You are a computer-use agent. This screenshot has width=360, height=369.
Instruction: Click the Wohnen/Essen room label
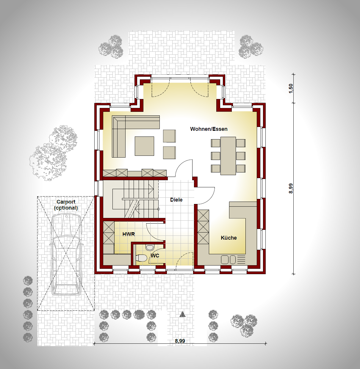(x=209, y=129)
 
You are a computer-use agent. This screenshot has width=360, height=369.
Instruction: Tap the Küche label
(x=229, y=238)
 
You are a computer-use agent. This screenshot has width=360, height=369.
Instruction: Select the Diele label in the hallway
(x=176, y=200)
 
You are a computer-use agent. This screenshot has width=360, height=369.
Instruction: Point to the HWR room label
(x=129, y=234)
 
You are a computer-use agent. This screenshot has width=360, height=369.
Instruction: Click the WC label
(x=155, y=256)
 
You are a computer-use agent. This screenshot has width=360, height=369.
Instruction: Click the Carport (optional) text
(x=66, y=205)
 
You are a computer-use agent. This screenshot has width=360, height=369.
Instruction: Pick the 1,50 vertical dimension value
(x=291, y=88)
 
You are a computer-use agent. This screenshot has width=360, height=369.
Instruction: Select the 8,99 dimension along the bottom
(x=180, y=341)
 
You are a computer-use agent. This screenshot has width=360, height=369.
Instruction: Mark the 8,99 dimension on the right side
(x=291, y=188)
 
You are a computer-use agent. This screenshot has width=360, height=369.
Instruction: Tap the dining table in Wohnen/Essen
(x=228, y=156)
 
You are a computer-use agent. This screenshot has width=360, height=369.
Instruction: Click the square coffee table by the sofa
(x=144, y=146)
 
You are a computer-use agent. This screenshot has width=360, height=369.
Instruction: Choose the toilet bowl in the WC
(x=142, y=258)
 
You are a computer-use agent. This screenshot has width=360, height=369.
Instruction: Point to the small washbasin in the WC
(x=150, y=247)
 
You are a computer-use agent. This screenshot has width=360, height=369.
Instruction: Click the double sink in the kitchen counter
(x=228, y=260)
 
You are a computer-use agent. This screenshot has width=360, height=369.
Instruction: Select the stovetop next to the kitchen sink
(x=241, y=260)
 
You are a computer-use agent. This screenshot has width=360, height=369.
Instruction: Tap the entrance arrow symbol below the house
(x=182, y=314)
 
